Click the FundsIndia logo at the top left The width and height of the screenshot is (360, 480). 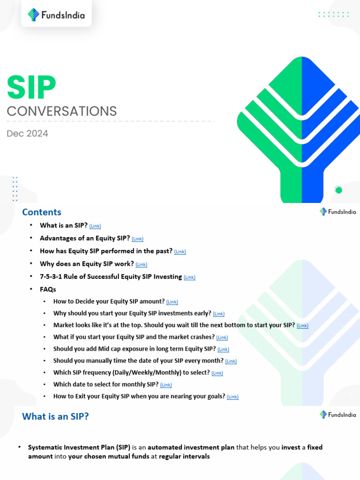pyautogui.click(x=56, y=15)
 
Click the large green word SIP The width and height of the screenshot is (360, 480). pyautogui.click(x=31, y=88)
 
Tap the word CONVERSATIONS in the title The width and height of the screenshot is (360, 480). pyautogui.click(x=61, y=111)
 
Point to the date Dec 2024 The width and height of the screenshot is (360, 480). pyautogui.click(x=27, y=134)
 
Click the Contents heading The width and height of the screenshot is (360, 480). pyautogui.click(x=42, y=212)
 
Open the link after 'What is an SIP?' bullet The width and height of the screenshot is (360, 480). pyautogui.click(x=95, y=226)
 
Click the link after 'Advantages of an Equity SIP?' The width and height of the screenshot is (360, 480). pyautogui.click(x=137, y=239)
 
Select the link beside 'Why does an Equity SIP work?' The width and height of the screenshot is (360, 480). pyautogui.click(x=141, y=264)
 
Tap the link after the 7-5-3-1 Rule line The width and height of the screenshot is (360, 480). pyautogui.click(x=189, y=277)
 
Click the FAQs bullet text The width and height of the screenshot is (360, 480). pyautogui.click(x=48, y=290)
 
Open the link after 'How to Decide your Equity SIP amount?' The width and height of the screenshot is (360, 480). pyautogui.click(x=172, y=302)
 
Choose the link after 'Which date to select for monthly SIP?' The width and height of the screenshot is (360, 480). pyautogui.click(x=166, y=385)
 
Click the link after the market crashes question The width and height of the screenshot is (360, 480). pyautogui.click(x=222, y=337)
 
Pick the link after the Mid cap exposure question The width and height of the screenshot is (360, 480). pyautogui.click(x=223, y=350)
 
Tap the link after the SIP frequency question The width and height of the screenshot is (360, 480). pyautogui.click(x=217, y=374)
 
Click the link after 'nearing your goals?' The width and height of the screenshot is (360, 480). pyautogui.click(x=232, y=397)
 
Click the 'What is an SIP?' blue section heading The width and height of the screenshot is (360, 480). pyautogui.click(x=55, y=416)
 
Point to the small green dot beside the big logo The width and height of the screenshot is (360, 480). pyautogui.click(x=338, y=190)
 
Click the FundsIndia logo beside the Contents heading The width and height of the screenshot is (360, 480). pyautogui.click(x=337, y=212)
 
